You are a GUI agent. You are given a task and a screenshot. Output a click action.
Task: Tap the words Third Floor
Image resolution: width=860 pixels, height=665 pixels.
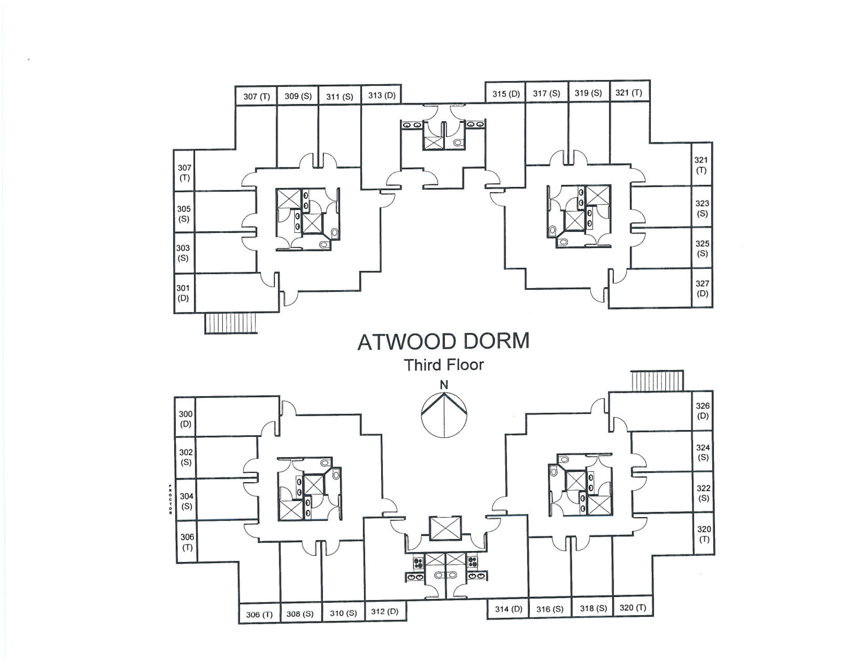point(444,365)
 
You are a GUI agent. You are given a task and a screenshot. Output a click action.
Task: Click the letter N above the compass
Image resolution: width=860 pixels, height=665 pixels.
point(444,385)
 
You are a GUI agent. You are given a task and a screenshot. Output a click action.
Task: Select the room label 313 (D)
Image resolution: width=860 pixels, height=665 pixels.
point(382,95)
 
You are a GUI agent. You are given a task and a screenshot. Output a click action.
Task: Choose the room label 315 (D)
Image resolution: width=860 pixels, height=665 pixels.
point(506,94)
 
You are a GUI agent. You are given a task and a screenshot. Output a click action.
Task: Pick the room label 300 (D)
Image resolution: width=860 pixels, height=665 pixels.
point(186,419)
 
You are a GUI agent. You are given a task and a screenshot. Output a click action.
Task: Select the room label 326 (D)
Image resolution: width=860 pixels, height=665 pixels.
point(703,410)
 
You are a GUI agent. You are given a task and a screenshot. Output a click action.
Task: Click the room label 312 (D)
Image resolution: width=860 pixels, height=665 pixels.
point(385,612)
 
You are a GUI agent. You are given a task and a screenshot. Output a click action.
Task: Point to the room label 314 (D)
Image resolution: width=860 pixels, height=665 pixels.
point(508,609)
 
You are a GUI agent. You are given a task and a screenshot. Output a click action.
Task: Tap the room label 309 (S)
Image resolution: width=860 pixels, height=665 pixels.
point(298,96)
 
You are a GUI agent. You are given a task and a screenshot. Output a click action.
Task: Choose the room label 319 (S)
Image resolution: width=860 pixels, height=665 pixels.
point(588,93)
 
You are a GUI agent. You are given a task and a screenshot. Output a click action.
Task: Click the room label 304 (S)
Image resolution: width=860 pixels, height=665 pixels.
point(187,501)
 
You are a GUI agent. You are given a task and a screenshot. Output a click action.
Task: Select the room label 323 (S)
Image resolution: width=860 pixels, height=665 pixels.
point(702,208)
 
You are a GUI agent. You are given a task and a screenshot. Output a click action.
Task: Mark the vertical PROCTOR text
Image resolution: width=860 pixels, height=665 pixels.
point(170,499)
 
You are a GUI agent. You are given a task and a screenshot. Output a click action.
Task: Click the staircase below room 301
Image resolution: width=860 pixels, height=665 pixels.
point(231,323)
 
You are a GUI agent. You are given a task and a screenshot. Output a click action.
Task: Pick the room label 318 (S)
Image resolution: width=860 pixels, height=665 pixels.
point(593,608)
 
